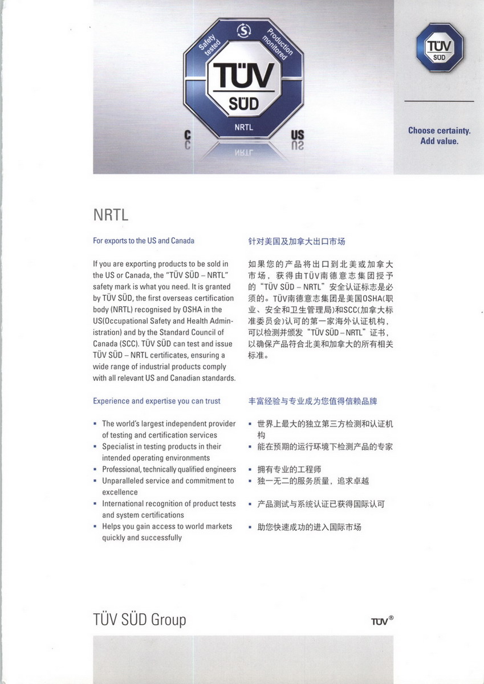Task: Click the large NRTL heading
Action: [111, 216]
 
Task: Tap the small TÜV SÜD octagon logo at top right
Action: [439, 49]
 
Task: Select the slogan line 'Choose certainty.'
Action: [439, 131]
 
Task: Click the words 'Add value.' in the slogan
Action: [439, 141]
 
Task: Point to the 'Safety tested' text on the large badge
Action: [212, 50]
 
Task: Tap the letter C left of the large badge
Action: [188, 135]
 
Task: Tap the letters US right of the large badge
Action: [298, 135]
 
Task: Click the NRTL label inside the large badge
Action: [243, 128]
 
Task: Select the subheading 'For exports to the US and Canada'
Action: [144, 241]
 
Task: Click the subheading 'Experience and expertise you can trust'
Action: [157, 401]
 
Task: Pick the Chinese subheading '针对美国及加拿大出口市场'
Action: [296, 241]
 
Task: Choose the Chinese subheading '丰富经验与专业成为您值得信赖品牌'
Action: [312, 401]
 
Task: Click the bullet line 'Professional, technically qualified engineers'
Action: [169, 469]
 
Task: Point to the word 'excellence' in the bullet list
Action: [120, 492]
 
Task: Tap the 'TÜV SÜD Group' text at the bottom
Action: [139, 620]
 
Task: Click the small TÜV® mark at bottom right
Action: [382, 621]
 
